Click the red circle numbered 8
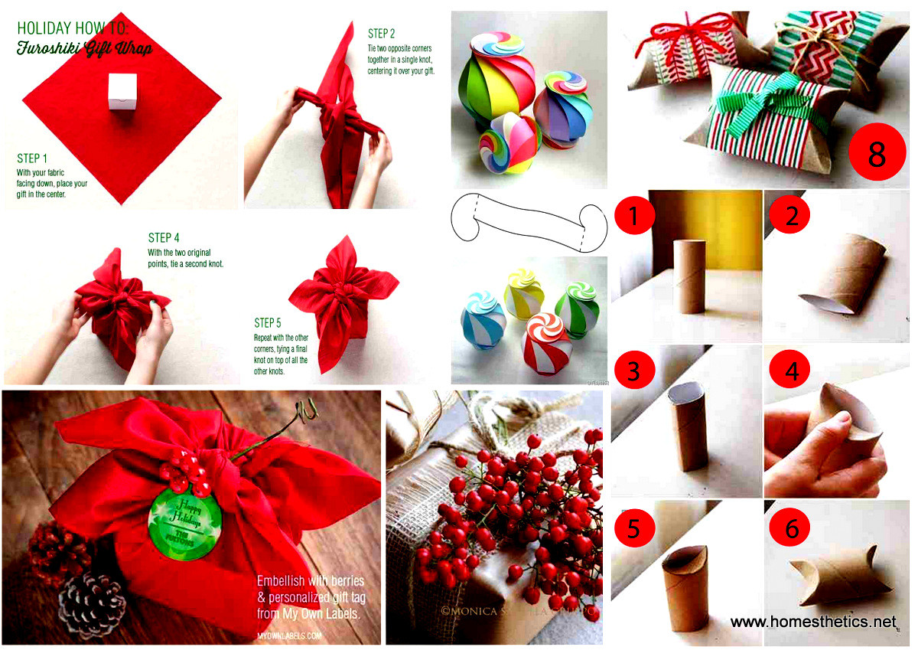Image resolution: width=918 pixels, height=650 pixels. click(x=877, y=155)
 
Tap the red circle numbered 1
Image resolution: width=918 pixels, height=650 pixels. click(x=634, y=217)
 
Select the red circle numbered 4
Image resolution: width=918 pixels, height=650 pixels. click(x=792, y=371)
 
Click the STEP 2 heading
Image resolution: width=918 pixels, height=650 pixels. click(x=381, y=34)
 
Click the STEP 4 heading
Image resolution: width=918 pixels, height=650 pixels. click(x=164, y=238)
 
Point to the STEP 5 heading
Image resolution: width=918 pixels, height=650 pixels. click(x=269, y=322)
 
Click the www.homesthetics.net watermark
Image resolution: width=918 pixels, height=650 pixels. click(x=813, y=622)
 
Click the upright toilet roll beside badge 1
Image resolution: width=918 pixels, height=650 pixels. click(x=688, y=276)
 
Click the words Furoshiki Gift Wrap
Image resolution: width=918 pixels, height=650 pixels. click(x=84, y=49)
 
